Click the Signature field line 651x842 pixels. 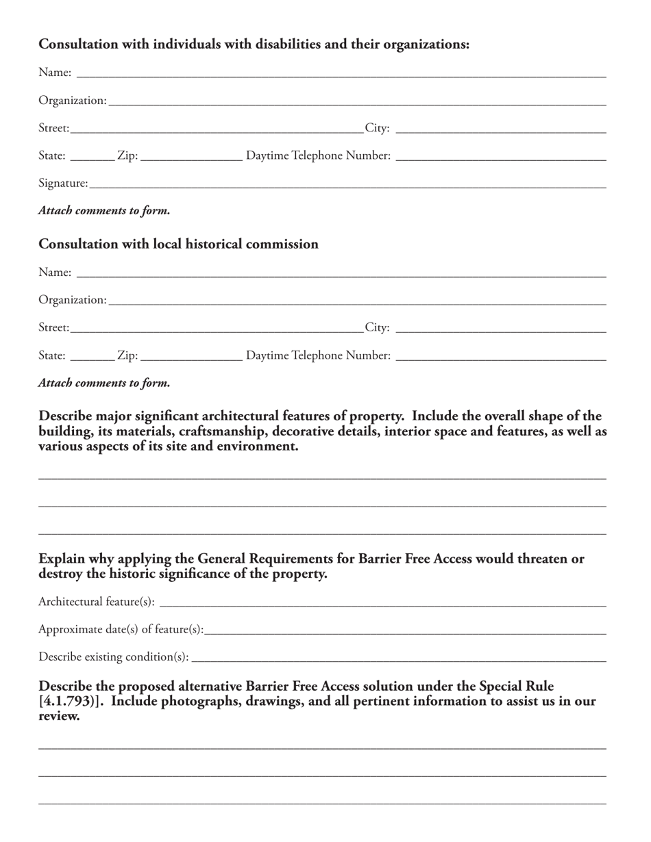[x=347, y=183]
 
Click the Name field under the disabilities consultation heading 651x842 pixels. [x=341, y=72]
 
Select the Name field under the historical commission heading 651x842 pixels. [x=341, y=272]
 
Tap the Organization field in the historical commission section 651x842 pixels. [x=357, y=300]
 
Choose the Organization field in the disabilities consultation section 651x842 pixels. [x=357, y=100]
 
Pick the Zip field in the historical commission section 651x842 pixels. [x=191, y=355]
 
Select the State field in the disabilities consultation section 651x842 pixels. [x=92, y=155]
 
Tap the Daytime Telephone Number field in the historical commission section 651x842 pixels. [x=501, y=355]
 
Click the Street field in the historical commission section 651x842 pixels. [x=217, y=327]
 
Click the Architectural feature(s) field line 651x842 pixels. [x=382, y=602]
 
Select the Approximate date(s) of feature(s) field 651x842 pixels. [x=405, y=629]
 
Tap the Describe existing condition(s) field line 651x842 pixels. [x=399, y=656]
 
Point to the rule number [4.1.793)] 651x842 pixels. [x=71, y=701]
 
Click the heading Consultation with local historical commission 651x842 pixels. [x=178, y=244]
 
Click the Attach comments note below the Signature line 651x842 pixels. [x=104, y=211]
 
